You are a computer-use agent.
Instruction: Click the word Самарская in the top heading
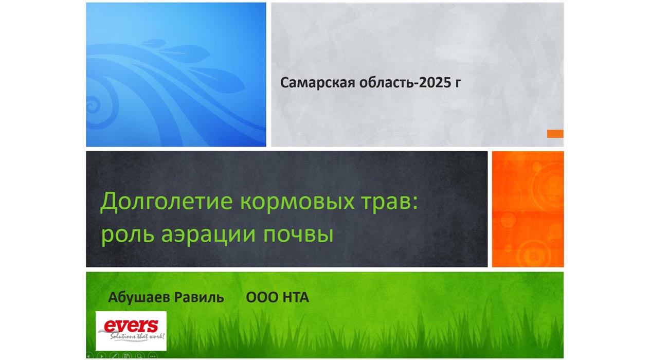317,83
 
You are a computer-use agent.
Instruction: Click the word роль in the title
128,235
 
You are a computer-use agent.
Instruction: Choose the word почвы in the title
298,235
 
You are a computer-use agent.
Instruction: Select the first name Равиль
199,298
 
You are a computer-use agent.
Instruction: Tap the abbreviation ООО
262,297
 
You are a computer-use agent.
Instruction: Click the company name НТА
296,297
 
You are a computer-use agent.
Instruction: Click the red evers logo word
131,326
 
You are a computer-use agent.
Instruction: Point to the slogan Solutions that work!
137,336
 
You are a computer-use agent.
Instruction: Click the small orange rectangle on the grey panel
555,134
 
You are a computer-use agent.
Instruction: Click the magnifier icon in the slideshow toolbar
139,356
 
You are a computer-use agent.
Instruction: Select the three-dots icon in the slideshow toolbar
153,356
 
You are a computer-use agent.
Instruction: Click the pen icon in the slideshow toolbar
114,356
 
